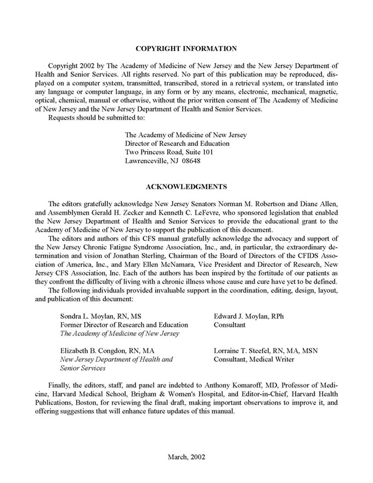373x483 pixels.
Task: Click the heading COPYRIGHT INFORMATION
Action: [187, 49]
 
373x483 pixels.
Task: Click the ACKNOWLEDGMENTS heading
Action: [187, 186]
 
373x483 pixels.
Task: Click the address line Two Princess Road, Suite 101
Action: [169, 152]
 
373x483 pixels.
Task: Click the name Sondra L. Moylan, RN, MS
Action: [100, 316]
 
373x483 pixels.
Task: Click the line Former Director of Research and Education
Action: [124, 325]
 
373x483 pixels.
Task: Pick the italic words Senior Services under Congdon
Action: [83, 368]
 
